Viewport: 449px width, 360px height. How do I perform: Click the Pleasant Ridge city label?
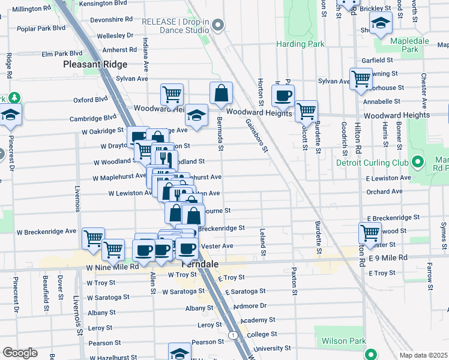point(95,64)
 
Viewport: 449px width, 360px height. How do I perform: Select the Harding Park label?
point(300,44)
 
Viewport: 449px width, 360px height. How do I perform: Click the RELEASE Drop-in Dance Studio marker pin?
point(218,25)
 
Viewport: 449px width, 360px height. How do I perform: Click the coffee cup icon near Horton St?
point(283,95)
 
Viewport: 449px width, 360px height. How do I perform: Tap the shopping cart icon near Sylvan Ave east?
point(361,79)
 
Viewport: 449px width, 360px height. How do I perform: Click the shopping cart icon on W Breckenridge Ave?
point(93,238)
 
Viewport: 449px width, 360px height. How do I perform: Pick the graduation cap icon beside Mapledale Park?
point(381,25)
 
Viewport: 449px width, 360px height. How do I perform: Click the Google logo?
point(20,353)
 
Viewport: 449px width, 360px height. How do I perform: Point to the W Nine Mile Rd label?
point(112,267)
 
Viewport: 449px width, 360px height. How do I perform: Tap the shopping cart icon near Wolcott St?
point(306,110)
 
